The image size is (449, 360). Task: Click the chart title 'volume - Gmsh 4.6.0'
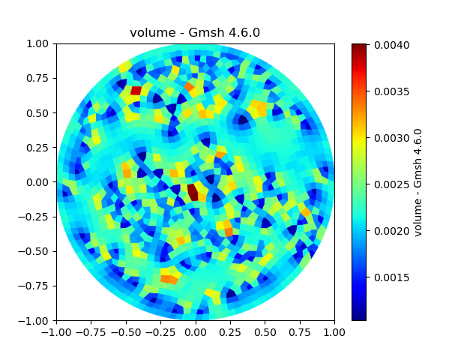click(x=195, y=32)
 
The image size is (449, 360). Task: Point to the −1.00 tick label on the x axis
click(x=56, y=331)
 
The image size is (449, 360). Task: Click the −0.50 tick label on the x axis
click(x=126, y=331)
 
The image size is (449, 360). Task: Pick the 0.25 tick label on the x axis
click(x=230, y=331)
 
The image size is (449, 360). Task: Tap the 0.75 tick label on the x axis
click(x=300, y=331)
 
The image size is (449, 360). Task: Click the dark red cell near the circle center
click(x=193, y=192)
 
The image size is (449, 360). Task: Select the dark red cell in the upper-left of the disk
click(x=136, y=91)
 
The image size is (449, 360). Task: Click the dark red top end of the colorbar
click(x=359, y=47)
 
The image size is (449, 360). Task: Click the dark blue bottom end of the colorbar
click(x=359, y=316)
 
